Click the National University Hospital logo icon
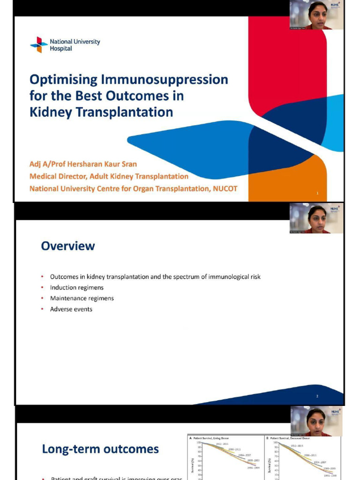39,45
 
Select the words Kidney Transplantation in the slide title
101,112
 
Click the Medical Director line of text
109,176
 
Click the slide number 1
317,193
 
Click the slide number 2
317,397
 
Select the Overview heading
68,246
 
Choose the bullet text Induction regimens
77,287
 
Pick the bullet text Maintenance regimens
82,298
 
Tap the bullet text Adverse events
71,309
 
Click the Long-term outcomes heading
100,449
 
